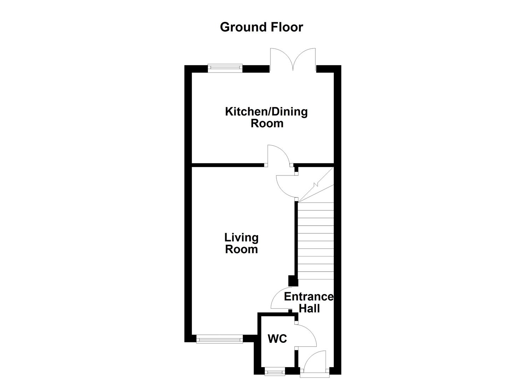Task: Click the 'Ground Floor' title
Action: (261, 27)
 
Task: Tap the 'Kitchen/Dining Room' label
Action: (267, 117)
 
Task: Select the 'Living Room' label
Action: (241, 243)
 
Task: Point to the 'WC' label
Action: (277, 339)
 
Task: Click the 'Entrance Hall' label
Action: (309, 302)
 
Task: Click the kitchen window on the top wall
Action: (225, 68)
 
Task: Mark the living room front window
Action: (220, 340)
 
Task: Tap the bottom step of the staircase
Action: (316, 276)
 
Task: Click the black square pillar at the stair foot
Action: (293, 281)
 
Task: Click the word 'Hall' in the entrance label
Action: (309, 308)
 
